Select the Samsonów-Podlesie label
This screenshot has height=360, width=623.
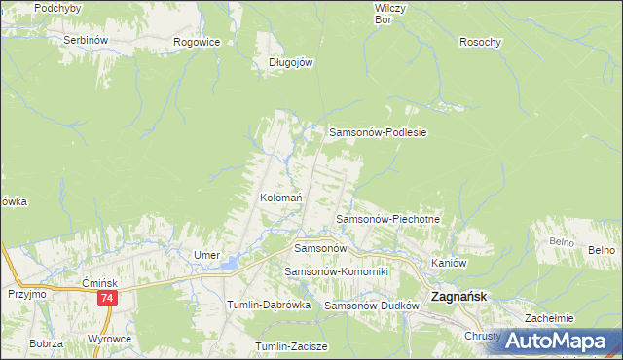(x=380, y=132)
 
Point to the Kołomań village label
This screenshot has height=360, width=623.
(x=280, y=198)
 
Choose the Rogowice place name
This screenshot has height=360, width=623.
(x=197, y=42)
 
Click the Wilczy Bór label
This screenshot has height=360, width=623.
(x=389, y=13)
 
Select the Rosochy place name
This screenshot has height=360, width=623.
(x=480, y=42)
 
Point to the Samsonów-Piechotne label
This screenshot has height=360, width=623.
(x=388, y=220)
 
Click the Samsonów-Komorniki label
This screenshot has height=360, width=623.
(x=336, y=271)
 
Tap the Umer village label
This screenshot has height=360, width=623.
(x=206, y=255)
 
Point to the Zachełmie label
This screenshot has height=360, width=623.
(x=549, y=318)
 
